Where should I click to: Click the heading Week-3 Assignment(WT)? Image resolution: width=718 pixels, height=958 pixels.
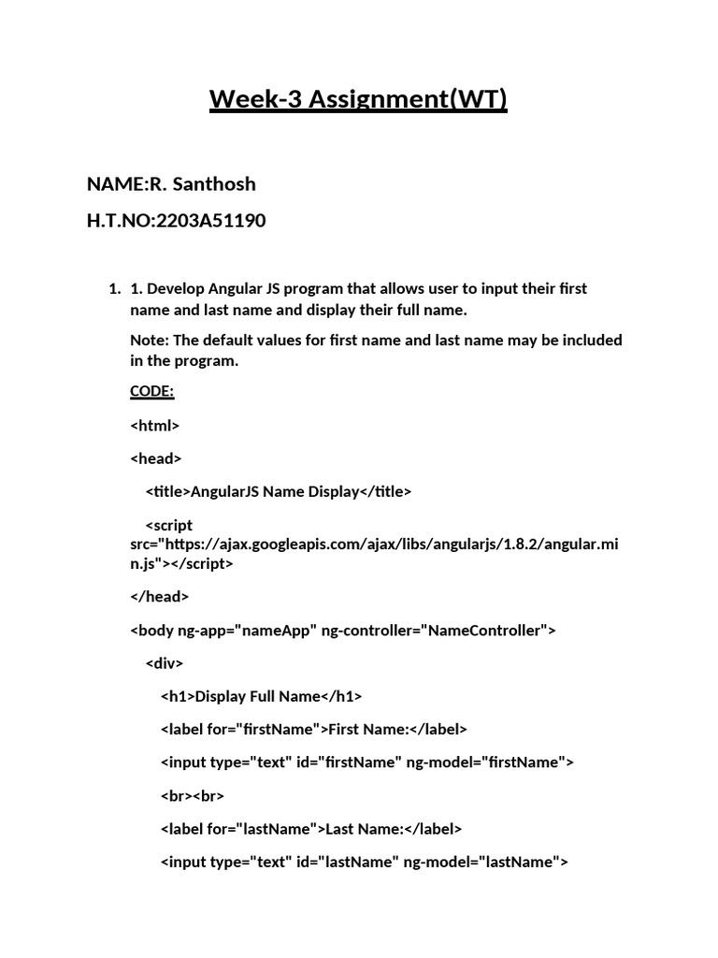[358, 98]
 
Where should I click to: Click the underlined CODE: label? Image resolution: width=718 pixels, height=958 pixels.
[152, 391]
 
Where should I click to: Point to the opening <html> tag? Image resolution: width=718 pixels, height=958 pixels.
[154, 426]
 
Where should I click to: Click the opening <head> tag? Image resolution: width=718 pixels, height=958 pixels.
[156, 458]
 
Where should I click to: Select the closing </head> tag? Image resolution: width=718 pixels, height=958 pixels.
[159, 596]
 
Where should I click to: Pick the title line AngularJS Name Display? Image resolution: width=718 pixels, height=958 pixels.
[278, 492]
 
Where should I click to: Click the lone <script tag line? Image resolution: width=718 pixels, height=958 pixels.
[169, 525]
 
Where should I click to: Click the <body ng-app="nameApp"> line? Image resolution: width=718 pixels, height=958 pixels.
[342, 631]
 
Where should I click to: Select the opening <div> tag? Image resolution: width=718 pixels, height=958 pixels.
[165, 663]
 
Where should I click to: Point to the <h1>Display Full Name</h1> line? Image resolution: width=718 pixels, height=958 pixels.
[261, 696]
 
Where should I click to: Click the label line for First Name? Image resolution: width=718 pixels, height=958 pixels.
[313, 729]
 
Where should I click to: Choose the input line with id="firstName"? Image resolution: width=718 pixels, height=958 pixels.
[366, 762]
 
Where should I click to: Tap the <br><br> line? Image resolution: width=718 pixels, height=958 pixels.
[193, 796]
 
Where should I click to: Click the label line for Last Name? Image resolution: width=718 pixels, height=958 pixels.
[311, 829]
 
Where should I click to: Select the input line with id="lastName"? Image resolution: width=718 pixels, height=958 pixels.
[364, 862]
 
